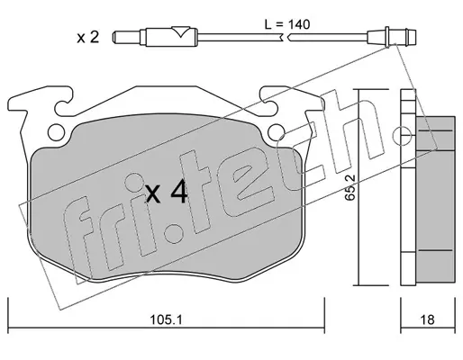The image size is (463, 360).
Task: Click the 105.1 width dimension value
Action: (x=166, y=320)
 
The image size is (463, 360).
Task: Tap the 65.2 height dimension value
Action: (x=350, y=187)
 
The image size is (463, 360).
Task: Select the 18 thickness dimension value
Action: (x=427, y=319)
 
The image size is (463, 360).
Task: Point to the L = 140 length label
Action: (x=287, y=24)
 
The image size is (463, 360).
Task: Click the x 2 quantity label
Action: (x=87, y=38)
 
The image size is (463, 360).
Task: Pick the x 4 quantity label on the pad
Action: (x=167, y=193)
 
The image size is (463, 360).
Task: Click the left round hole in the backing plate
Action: (x=56, y=132)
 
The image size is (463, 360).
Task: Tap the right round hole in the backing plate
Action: (x=277, y=132)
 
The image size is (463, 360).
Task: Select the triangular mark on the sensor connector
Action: (x=181, y=31)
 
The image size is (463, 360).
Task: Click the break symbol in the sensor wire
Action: (x=286, y=38)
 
